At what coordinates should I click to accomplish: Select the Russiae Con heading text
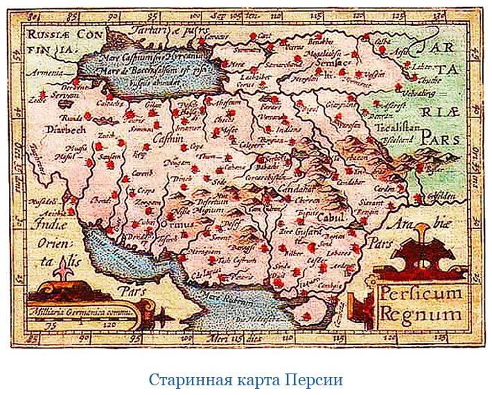(x=53, y=33)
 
